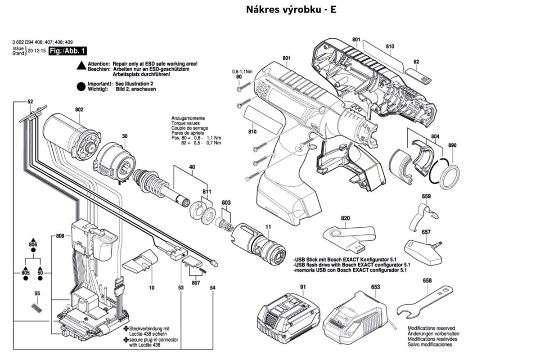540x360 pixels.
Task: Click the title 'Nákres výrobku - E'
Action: [x=291, y=9]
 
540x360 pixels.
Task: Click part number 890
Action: [x=452, y=145]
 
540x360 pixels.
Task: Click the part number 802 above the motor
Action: [x=80, y=109]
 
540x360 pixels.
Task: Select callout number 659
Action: [x=426, y=196]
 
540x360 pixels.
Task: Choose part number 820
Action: [x=345, y=218]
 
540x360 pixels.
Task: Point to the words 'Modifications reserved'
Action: [x=431, y=328]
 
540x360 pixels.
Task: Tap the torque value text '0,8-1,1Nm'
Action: [x=242, y=72]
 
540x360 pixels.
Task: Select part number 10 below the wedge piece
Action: [x=152, y=287]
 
